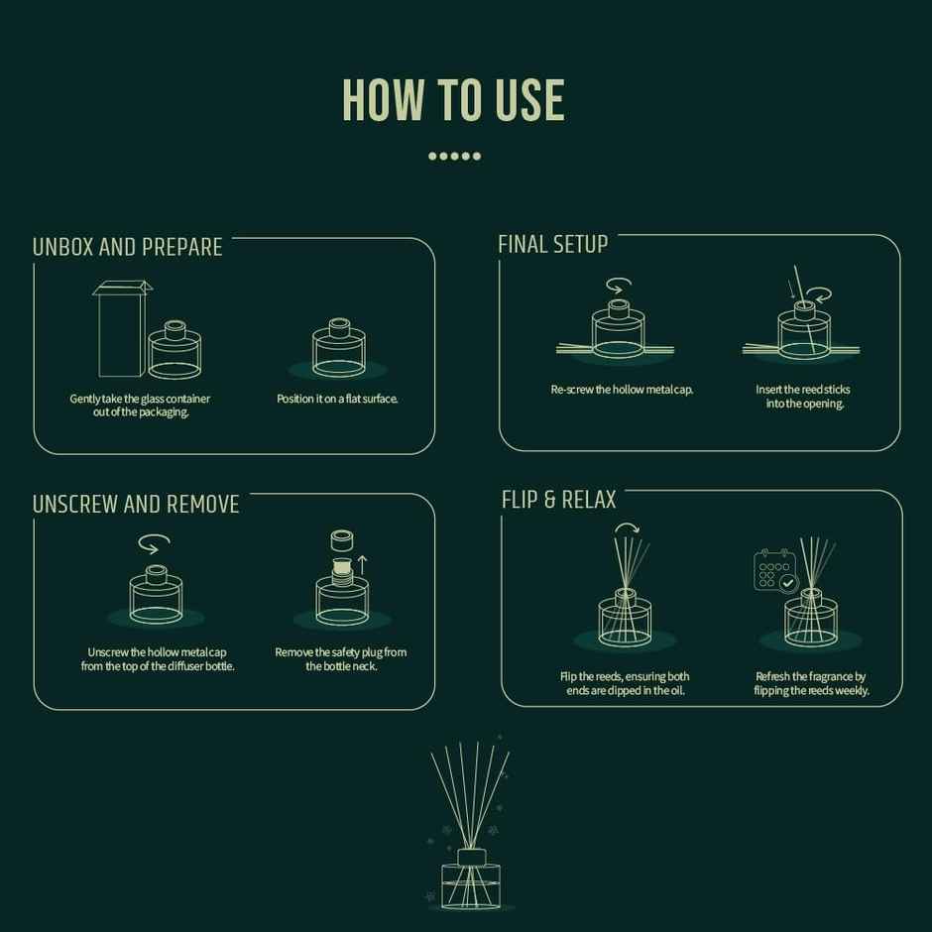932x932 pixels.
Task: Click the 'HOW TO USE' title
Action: pyautogui.click(x=453, y=100)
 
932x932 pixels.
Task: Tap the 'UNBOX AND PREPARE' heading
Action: pyautogui.click(x=128, y=247)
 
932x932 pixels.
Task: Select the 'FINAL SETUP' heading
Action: pyautogui.click(x=553, y=244)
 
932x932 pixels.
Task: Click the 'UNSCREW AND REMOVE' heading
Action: pyautogui.click(x=136, y=504)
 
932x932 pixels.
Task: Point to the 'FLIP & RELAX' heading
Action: pyautogui.click(x=559, y=500)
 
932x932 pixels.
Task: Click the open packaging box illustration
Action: pyautogui.click(x=122, y=328)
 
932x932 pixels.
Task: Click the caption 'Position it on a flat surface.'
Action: pyautogui.click(x=337, y=399)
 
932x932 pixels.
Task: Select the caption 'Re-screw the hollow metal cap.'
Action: pyautogui.click(x=622, y=390)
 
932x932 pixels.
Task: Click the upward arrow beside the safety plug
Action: pyautogui.click(x=362, y=565)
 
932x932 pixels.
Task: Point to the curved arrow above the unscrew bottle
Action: pyautogui.click(x=154, y=542)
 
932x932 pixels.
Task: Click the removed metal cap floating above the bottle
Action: pyautogui.click(x=342, y=540)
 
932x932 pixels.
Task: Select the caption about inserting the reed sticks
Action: pyautogui.click(x=803, y=397)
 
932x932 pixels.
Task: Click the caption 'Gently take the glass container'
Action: pyautogui.click(x=140, y=399)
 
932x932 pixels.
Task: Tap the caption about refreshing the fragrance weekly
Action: pyautogui.click(x=811, y=683)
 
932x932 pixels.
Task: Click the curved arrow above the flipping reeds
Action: pyautogui.click(x=627, y=527)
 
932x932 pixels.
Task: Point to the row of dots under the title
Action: pyautogui.click(x=455, y=157)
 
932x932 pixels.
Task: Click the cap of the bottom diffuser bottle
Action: pyautogui.click(x=472, y=857)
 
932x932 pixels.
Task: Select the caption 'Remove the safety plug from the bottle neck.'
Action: pyautogui.click(x=341, y=659)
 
